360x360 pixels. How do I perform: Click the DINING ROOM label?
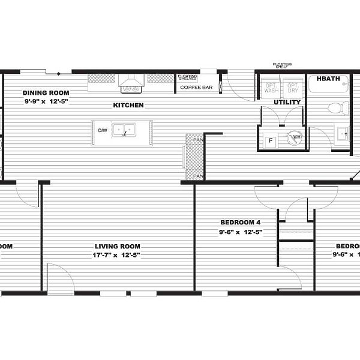tap(46, 93)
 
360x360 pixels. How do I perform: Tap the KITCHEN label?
tap(128, 106)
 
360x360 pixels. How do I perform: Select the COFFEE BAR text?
tap(197, 88)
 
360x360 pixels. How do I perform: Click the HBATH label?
tap(326, 78)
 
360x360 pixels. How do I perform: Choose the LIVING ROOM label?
tap(118, 246)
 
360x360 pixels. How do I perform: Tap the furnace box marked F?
tap(270, 140)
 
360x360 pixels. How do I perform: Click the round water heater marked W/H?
tap(295, 138)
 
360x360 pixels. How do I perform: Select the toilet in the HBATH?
tap(338, 109)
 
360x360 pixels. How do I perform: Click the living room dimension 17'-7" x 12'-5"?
tap(118, 255)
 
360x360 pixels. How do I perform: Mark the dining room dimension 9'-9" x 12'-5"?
tap(46, 101)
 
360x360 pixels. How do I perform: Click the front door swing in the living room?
tap(60, 280)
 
